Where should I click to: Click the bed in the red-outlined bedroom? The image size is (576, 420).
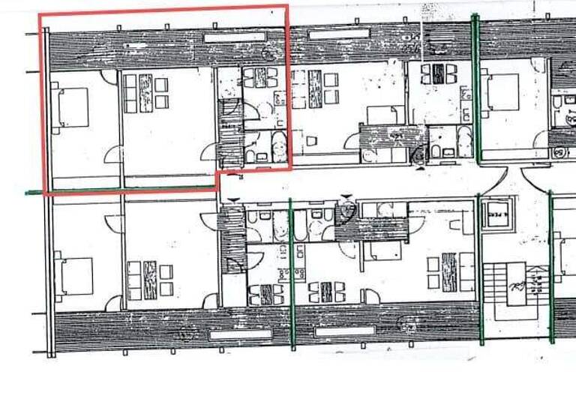coord(73,107)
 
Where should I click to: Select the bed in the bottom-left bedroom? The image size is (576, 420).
coord(76,276)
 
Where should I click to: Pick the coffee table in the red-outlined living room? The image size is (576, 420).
coord(145,92)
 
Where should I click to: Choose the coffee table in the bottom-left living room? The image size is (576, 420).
coord(150,280)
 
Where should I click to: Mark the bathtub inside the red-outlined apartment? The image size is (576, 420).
coord(280,147)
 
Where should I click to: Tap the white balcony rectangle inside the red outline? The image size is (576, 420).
coord(235,36)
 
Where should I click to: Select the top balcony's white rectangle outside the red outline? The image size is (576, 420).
coord(339,34)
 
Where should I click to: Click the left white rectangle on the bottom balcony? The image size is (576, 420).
coord(240,334)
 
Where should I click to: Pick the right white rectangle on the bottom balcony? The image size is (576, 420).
coord(344,331)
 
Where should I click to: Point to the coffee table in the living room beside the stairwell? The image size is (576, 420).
coord(449,271)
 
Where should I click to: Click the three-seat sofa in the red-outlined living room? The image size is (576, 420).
coord(130,92)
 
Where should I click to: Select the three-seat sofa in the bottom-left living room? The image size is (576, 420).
coord(133,280)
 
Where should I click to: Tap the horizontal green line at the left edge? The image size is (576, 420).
coord(34,193)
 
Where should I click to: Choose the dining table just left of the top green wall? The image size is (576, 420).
coord(436,73)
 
